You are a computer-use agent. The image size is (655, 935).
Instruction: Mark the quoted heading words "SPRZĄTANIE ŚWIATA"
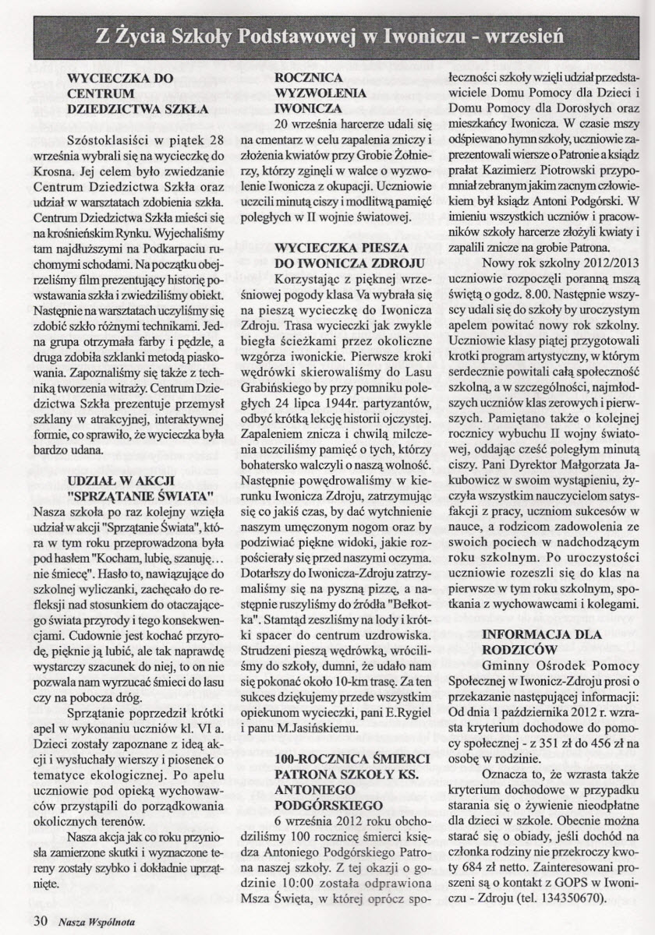140,496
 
